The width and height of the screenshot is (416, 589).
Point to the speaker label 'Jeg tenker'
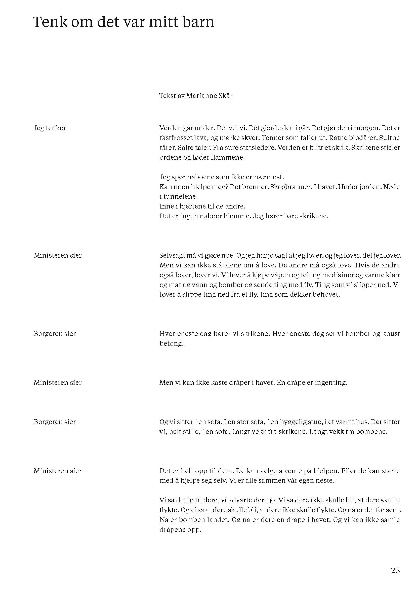coord(50,128)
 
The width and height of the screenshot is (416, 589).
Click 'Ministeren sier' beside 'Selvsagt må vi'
coord(58,256)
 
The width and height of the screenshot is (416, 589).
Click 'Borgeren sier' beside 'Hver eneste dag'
coord(55,334)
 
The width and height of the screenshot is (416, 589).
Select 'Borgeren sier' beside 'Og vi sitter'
coord(55,422)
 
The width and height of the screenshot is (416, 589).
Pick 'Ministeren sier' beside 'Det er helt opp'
coord(58,471)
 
